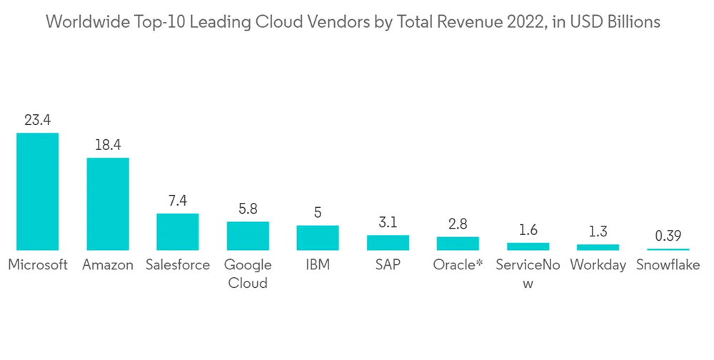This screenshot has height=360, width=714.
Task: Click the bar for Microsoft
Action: (x=38, y=191)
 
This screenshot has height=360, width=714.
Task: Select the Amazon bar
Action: (x=108, y=204)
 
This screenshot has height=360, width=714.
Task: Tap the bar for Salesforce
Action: (x=178, y=231)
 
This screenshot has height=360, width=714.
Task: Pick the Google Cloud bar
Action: (x=248, y=236)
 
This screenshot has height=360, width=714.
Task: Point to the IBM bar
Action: (x=318, y=238)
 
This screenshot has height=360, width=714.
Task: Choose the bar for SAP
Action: (x=388, y=242)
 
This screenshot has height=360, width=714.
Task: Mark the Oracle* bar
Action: (x=458, y=244)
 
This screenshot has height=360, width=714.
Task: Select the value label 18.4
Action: (x=108, y=146)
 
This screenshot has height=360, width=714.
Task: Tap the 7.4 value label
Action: (x=178, y=201)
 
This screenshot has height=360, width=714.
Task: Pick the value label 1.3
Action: (x=598, y=232)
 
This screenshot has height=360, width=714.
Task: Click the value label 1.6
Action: (x=528, y=230)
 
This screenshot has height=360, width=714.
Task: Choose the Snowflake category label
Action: (x=668, y=265)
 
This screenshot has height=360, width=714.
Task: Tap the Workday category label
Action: (x=598, y=265)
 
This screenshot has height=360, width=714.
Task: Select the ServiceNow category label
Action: (x=528, y=273)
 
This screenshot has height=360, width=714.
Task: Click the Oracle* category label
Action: (x=458, y=265)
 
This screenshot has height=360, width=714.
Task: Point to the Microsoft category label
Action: (x=38, y=265)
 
